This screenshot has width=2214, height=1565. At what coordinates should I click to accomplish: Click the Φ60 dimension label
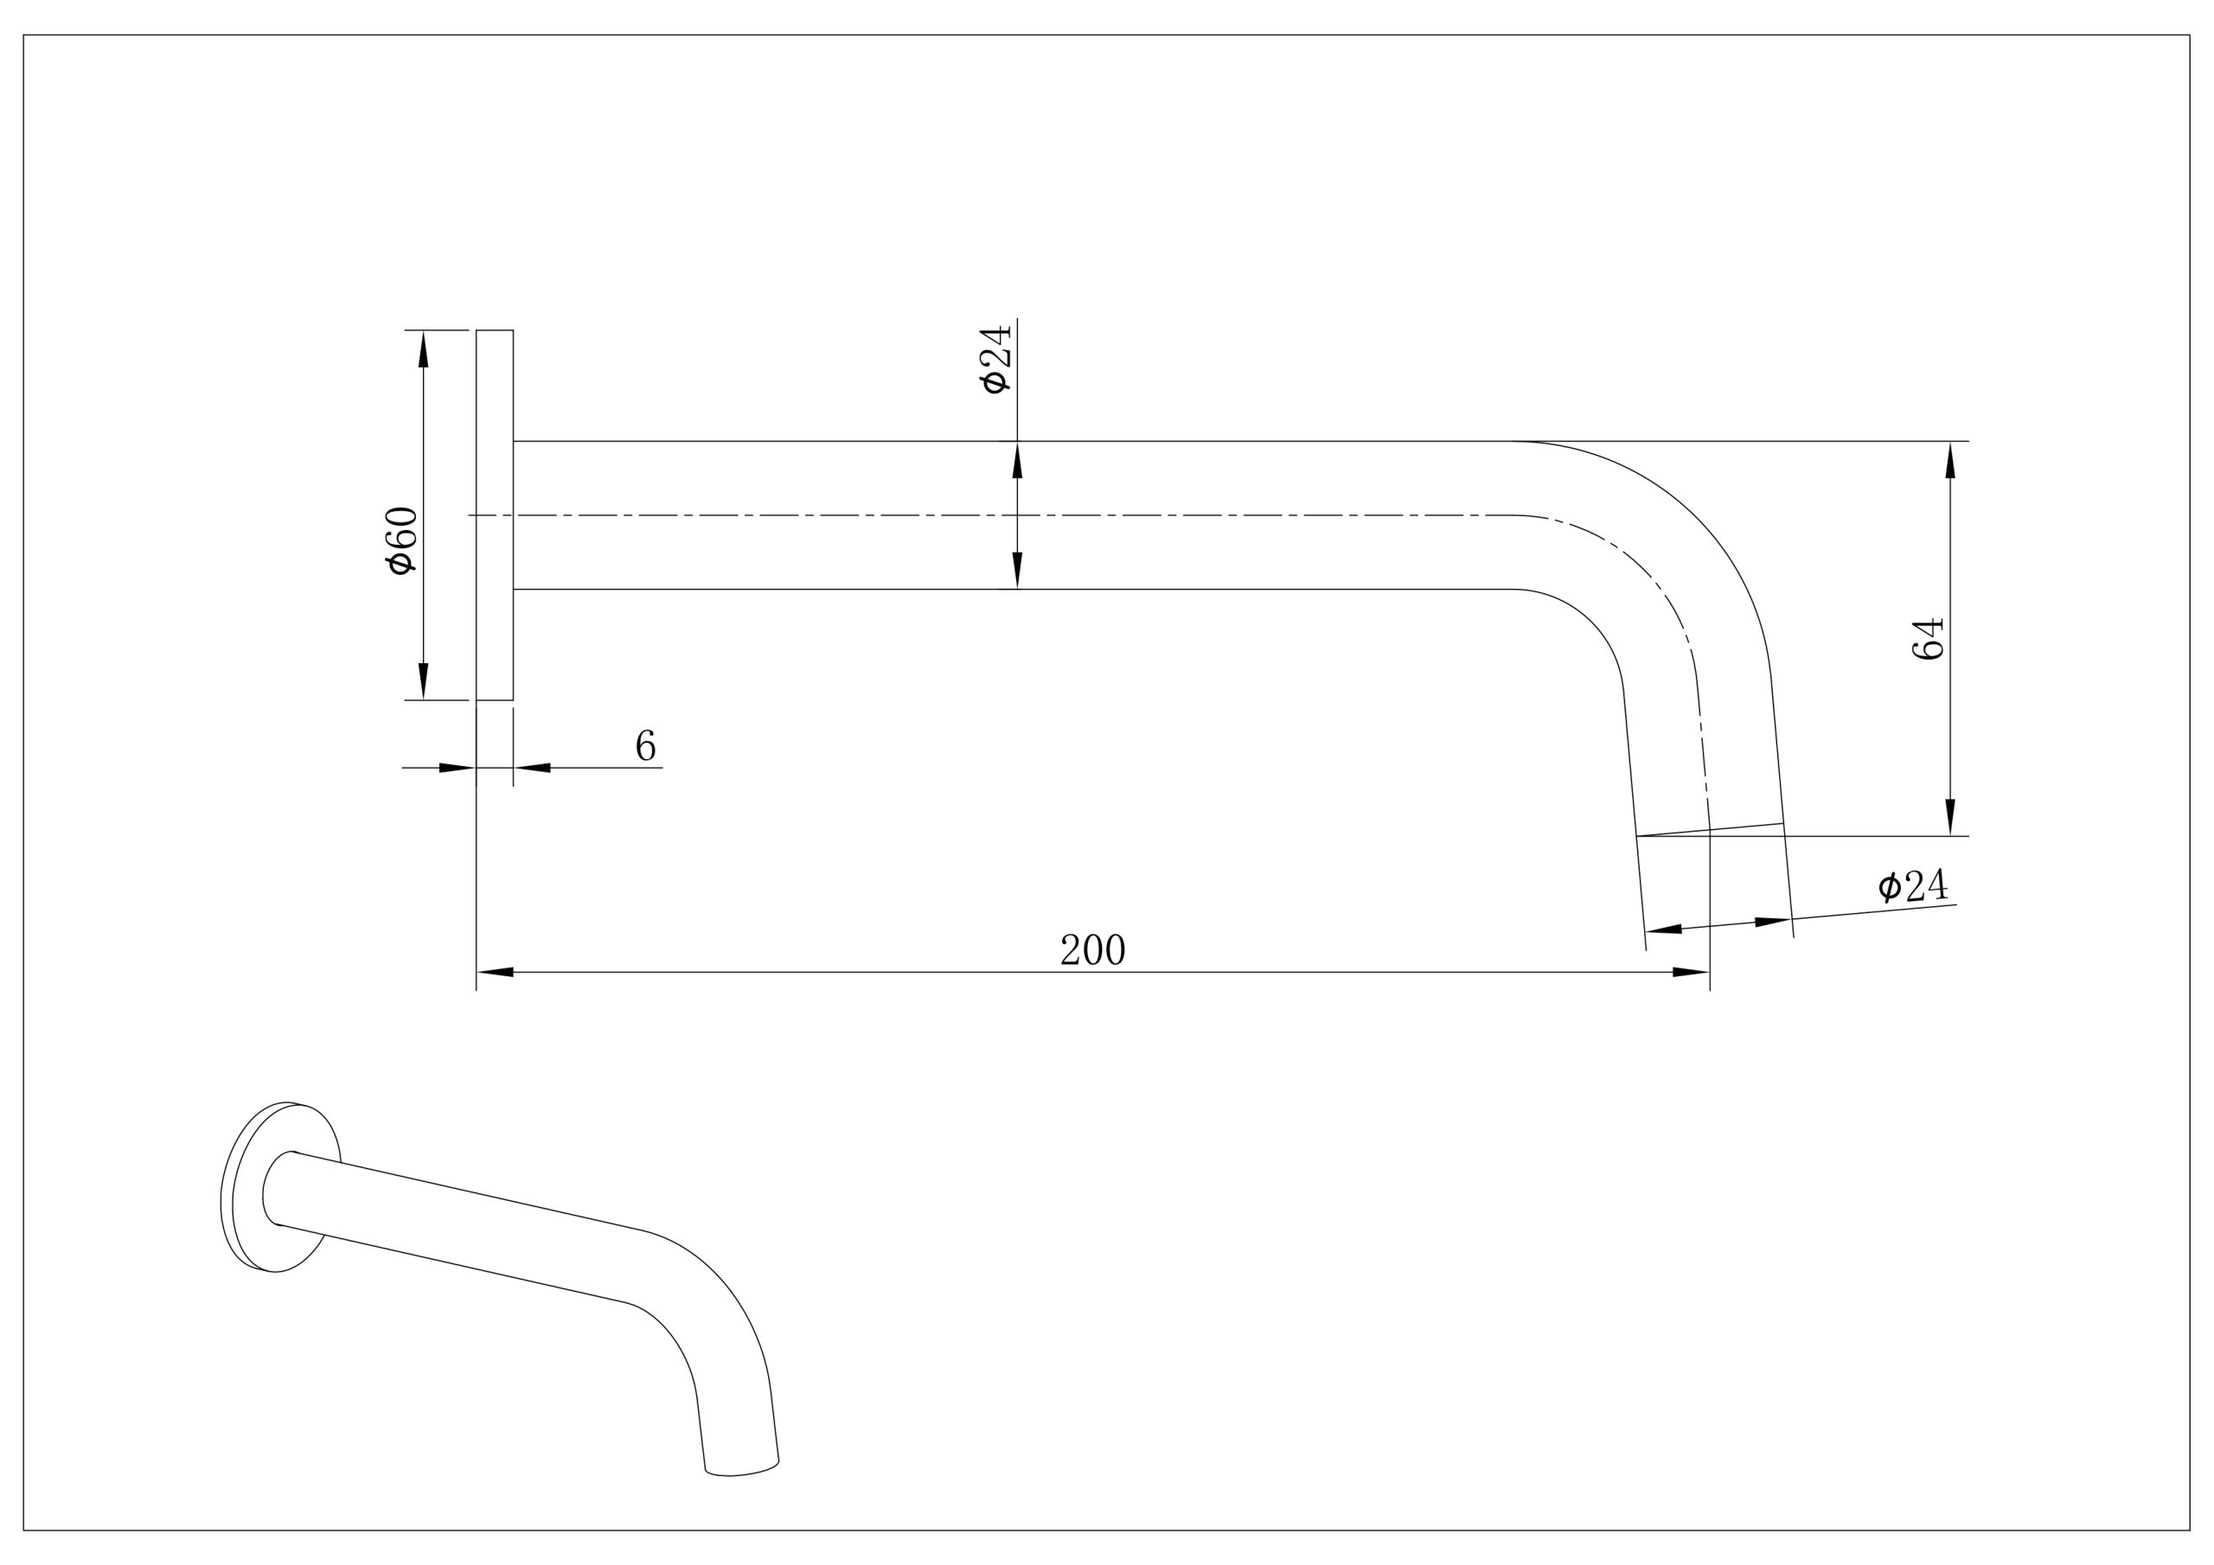point(401,540)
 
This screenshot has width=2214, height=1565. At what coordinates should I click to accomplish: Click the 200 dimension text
point(1092,949)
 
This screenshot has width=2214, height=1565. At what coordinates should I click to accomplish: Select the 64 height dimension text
point(1927,638)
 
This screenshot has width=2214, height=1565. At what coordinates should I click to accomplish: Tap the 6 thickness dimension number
point(646,745)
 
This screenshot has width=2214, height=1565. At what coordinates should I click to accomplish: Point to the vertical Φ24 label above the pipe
point(995,360)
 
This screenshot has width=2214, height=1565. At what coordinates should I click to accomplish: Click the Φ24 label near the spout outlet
point(1913,885)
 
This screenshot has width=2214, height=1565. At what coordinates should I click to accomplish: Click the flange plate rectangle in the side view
point(495,515)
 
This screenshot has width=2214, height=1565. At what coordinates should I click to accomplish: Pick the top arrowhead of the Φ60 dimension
point(423,349)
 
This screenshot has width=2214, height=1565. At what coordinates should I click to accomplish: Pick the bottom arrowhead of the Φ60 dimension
point(423,680)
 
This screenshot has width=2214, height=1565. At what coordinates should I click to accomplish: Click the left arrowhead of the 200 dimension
point(496,972)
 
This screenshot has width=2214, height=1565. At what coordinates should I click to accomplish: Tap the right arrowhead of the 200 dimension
point(1692,972)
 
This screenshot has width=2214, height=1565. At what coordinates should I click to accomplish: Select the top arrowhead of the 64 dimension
point(1949,460)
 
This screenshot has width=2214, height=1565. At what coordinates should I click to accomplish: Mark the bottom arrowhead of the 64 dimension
point(1949,817)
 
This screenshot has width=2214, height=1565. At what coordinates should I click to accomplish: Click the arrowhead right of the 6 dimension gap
point(532,768)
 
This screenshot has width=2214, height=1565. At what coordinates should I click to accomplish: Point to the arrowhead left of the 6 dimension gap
point(458,768)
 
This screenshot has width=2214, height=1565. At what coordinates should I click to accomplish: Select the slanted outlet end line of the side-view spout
point(1710,829)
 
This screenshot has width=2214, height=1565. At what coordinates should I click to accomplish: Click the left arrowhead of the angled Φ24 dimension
point(1663,929)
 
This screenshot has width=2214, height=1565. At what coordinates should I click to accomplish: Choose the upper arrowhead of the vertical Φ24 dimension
point(1017,460)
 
